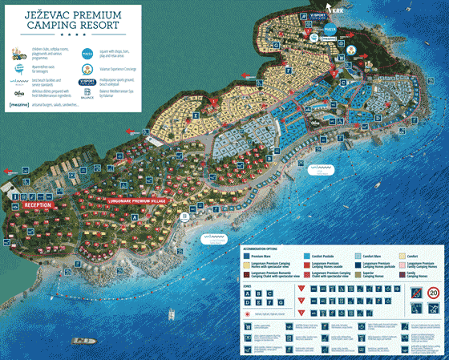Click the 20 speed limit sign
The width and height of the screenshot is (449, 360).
click(x=432, y=293)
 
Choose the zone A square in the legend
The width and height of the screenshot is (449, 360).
click(x=246, y=293)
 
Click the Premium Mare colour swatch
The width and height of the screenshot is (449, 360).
click(x=245, y=255)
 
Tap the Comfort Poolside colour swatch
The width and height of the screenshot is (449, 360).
click(x=306, y=255)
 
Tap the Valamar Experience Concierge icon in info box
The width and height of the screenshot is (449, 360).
click(x=86, y=68)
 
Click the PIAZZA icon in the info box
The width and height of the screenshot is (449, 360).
click(x=86, y=54)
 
